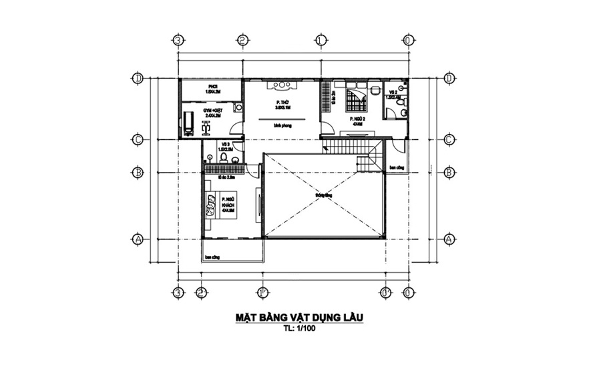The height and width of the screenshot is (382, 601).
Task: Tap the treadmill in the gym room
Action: (x=189, y=122)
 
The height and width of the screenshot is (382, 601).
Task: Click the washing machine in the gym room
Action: (x=238, y=107)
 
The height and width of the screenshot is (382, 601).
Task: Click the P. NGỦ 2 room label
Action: (x=356, y=121)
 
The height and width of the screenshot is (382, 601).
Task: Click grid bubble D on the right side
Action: (x=449, y=78)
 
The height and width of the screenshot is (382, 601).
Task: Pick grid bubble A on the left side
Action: (x=138, y=238)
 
